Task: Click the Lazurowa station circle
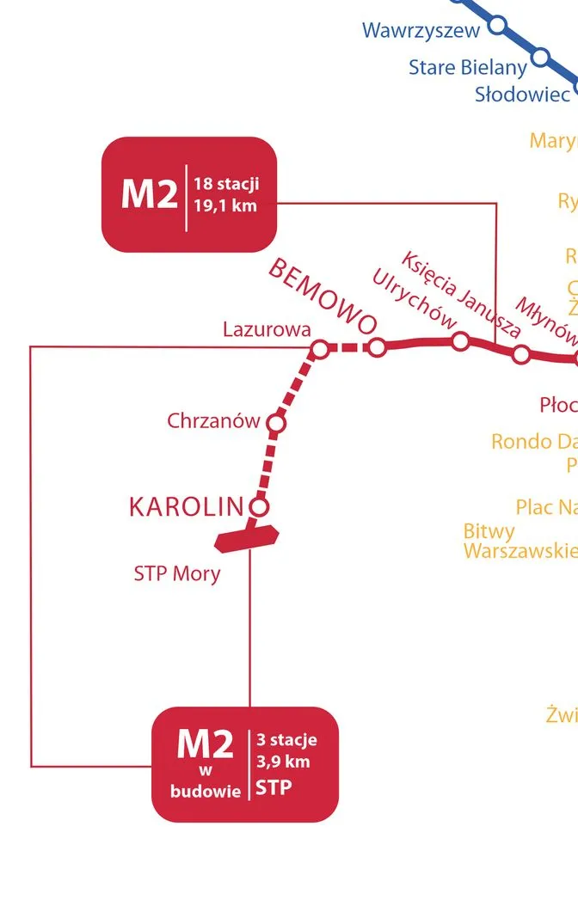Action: (x=319, y=349)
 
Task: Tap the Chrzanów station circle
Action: (x=276, y=423)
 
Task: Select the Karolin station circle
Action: (x=259, y=505)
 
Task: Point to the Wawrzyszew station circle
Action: (x=496, y=27)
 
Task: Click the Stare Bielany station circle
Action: (x=540, y=58)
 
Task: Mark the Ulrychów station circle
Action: (x=460, y=341)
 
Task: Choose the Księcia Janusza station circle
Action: (x=520, y=354)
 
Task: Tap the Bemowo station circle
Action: (x=376, y=347)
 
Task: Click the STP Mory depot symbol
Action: (x=247, y=536)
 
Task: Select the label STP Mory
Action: (x=177, y=573)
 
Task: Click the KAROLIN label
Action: (x=187, y=507)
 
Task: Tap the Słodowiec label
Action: (x=522, y=94)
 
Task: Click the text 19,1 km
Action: (x=225, y=205)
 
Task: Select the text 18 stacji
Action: (x=226, y=183)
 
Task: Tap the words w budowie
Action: (x=206, y=781)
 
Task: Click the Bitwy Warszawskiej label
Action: (x=520, y=541)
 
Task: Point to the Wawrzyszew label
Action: (x=420, y=31)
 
